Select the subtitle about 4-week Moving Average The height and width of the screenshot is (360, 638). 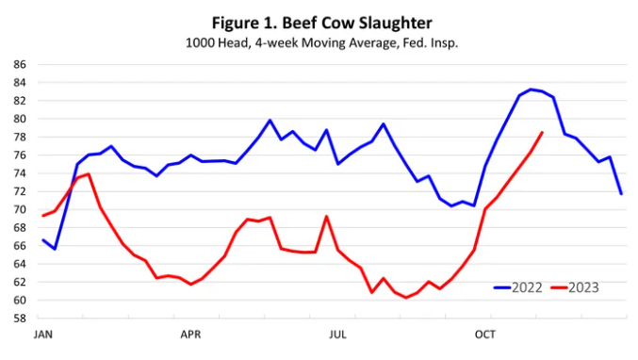pyautogui.click(x=319, y=42)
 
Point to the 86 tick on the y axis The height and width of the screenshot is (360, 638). pyautogui.click(x=20, y=64)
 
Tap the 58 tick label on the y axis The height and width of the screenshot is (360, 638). pyautogui.click(x=20, y=319)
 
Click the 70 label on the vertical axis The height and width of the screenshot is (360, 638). pyautogui.click(x=20, y=209)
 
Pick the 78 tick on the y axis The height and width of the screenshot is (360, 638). pyautogui.click(x=20, y=137)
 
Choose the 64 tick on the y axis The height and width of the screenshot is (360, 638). pyautogui.click(x=20, y=264)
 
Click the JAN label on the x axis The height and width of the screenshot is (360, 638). pyautogui.click(x=42, y=335)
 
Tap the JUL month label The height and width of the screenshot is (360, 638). pyautogui.click(x=337, y=335)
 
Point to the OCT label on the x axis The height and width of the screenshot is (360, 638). pyautogui.click(x=484, y=335)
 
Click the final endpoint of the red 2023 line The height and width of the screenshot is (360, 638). pyautogui.click(x=543, y=132)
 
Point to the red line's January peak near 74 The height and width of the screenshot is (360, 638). pyautogui.click(x=89, y=173)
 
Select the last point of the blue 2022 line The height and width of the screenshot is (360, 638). pyautogui.click(x=621, y=193)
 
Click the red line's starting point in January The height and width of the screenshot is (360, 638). pyautogui.click(x=43, y=216)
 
